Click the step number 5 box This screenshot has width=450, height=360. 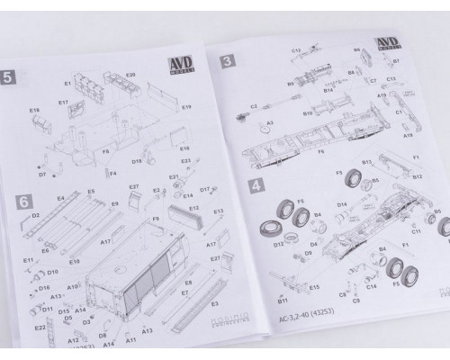pyautogui.click(x=10, y=76)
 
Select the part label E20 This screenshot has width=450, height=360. pyautogui.click(x=130, y=74)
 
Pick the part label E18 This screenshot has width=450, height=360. pyautogui.click(x=35, y=111)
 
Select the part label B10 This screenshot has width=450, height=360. pyautogui.click(x=308, y=114)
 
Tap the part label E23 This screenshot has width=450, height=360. pyautogui.click(x=185, y=161)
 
